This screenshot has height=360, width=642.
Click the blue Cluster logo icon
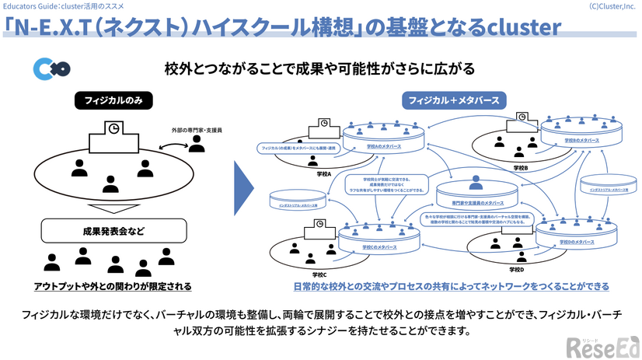click(47, 69)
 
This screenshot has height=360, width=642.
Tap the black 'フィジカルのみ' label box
click(113, 100)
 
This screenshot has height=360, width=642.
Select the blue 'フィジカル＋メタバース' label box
click(454, 100)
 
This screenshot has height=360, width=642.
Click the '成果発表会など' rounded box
click(113, 230)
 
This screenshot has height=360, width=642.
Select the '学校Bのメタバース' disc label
click(581, 140)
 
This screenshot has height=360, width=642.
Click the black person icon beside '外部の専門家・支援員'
click(197, 143)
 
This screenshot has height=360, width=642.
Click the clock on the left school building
click(114, 128)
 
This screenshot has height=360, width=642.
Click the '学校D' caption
click(516, 269)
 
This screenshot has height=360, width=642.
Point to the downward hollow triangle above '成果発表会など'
click(113, 209)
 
